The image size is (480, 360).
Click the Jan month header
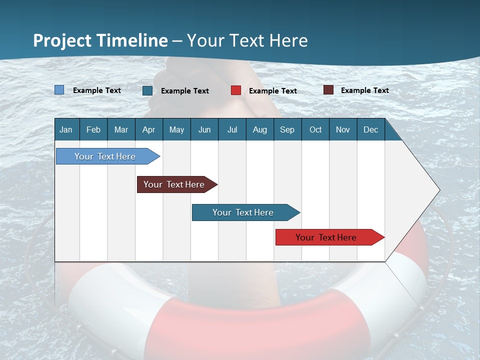(66, 129)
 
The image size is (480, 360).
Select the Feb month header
(93, 129)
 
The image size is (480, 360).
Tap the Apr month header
(148, 129)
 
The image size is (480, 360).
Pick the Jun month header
(204, 129)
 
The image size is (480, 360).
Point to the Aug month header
(259, 129)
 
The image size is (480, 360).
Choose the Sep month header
(287, 129)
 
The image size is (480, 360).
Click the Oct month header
(315, 129)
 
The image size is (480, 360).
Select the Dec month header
(370, 129)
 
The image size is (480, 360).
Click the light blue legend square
(59, 90)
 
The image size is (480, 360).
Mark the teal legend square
(147, 90)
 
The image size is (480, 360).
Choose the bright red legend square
(236, 90)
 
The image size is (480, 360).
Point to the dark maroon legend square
(328, 90)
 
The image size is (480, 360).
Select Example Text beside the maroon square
(364, 90)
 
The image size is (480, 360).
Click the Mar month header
(121, 129)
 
